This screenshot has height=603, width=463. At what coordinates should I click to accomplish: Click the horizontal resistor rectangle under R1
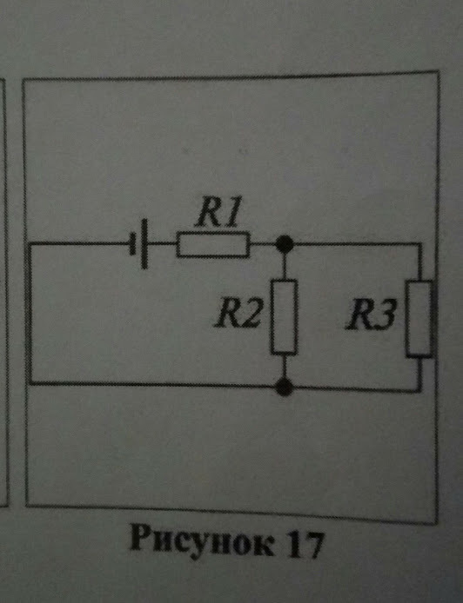coord(213,246)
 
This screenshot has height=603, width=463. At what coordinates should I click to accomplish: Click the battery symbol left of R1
coord(140,246)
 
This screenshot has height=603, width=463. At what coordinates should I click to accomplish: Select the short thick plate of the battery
coord(144,247)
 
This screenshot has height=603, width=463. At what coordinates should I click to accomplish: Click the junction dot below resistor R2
coord(283,385)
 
